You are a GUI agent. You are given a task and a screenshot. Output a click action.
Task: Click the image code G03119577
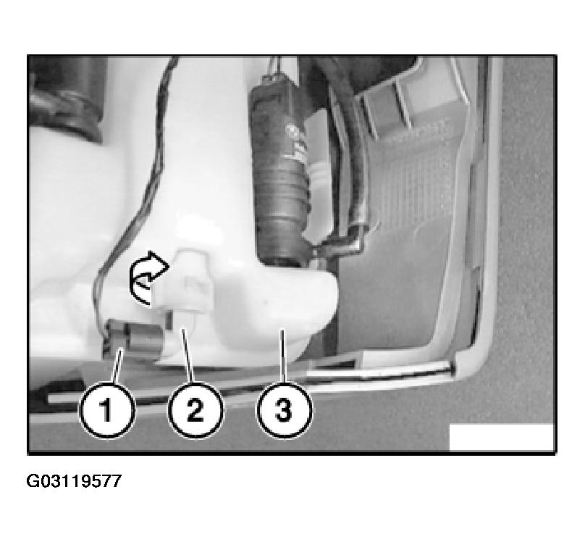pyautogui.click(x=74, y=480)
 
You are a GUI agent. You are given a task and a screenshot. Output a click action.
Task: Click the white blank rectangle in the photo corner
pyautogui.click(x=501, y=437)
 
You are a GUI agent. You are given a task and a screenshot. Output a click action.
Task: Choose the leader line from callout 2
pyautogui.click(x=190, y=359)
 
